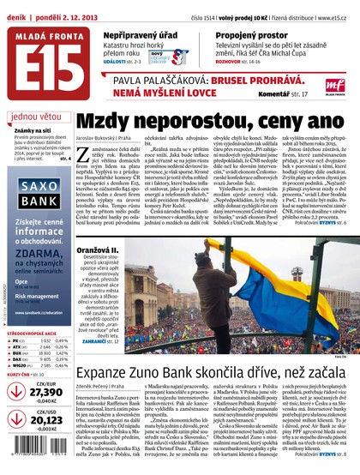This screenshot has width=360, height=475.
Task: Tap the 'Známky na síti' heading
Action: (29, 129)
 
